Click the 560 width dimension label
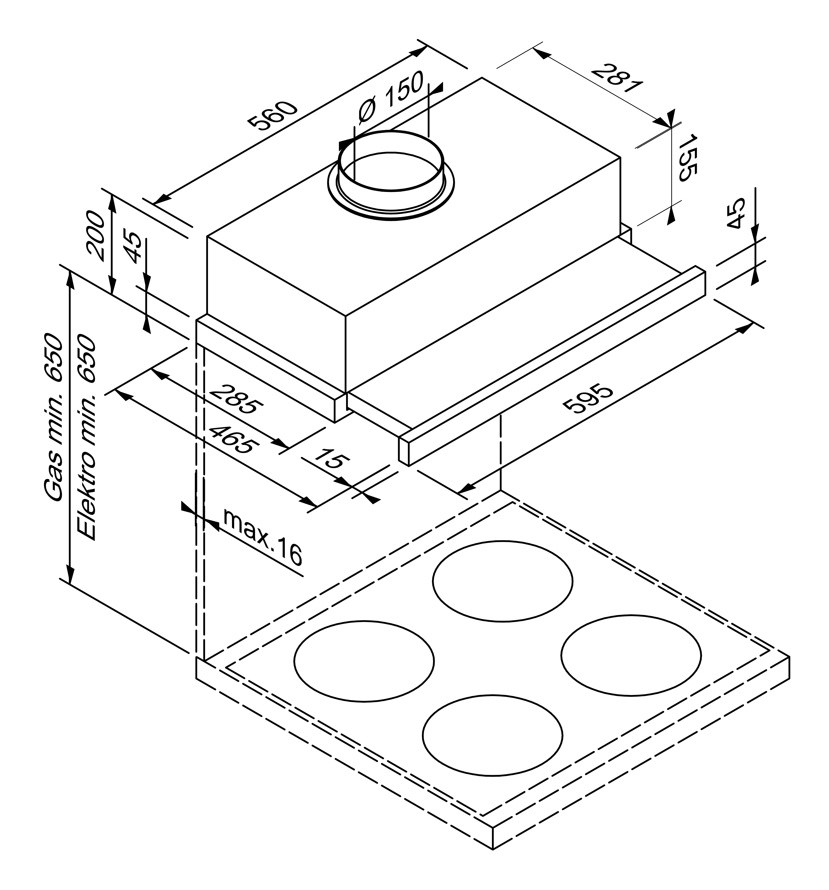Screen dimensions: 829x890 pos(273,115)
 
